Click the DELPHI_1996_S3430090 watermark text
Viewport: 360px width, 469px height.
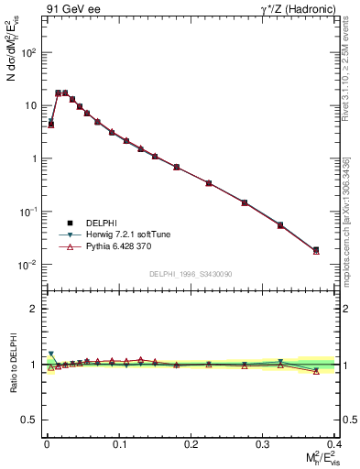[190, 274]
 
